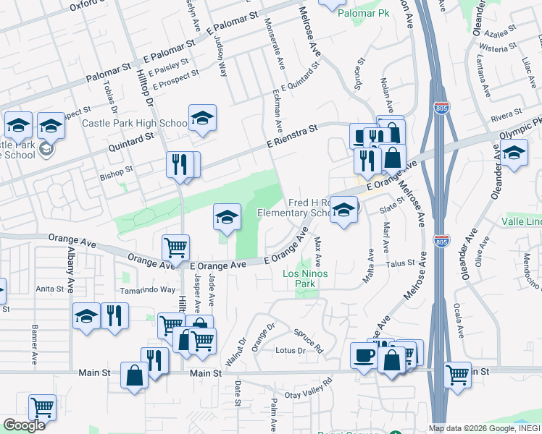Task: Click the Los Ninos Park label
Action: [299, 279]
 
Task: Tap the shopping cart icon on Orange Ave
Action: [175, 247]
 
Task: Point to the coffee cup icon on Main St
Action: [364, 355]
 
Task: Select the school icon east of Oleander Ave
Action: [514, 153]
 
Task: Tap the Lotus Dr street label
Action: [291, 351]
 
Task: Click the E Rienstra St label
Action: [291, 137]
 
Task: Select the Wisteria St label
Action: [497, 49]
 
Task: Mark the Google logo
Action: [25, 425]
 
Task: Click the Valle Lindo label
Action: [522, 221]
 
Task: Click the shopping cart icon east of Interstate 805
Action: [458, 375]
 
